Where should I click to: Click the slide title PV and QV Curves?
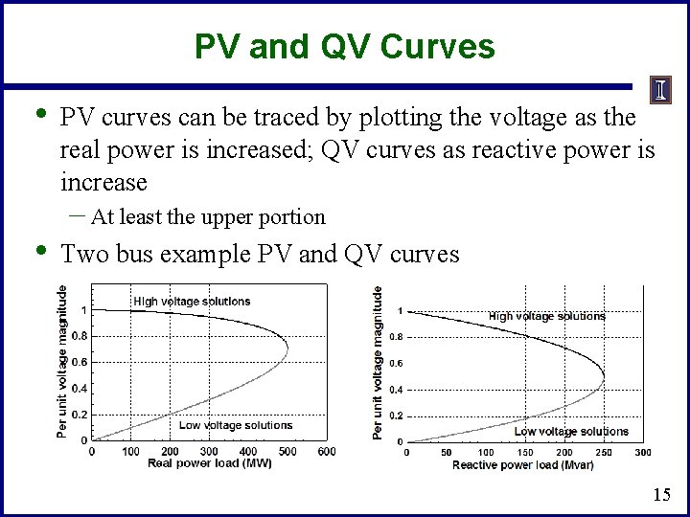pos(344,46)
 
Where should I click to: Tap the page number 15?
pos(661,495)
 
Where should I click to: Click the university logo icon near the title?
pos(661,90)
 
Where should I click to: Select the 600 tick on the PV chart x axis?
pos(326,452)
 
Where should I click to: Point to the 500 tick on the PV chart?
pos(287,452)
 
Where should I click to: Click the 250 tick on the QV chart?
pos(603,453)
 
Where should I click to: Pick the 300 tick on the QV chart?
pos(642,453)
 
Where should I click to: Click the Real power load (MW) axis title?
pos(209,463)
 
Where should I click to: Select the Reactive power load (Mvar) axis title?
pos(522,464)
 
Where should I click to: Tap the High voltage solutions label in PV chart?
pos(192,302)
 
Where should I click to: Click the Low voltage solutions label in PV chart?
pos(235,425)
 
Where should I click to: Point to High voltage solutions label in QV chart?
pos(546,316)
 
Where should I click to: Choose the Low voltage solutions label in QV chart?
pos(571,432)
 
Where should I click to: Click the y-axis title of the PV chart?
pos(62,362)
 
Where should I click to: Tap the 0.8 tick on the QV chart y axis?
pos(396,337)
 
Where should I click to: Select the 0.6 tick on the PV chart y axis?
pos(80,362)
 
